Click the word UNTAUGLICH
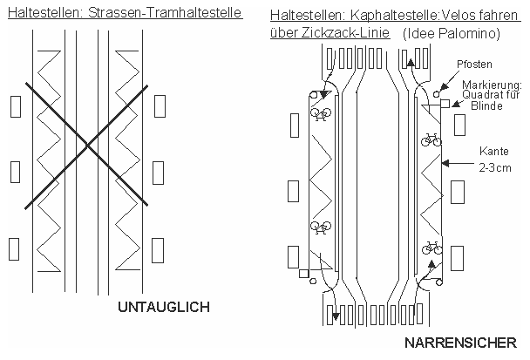click(164, 307)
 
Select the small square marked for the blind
click(444, 104)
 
